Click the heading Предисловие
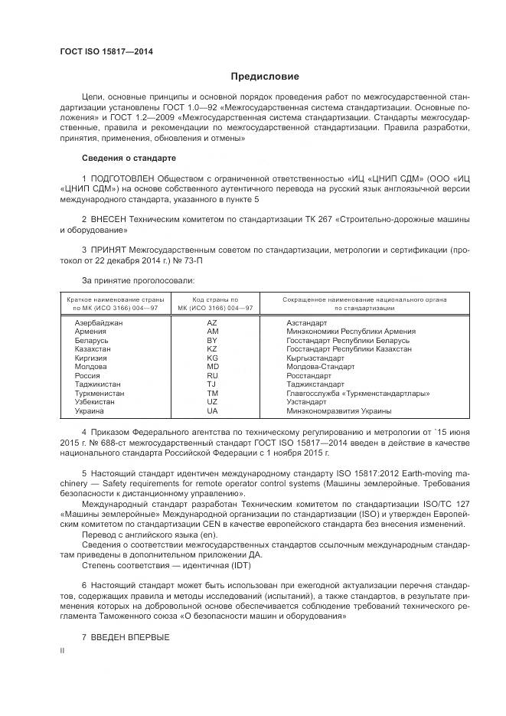tap(266, 77)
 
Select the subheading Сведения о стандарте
tap(129, 158)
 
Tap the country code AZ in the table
tap(212, 323)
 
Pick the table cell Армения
tap(90, 332)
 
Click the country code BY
tap(212, 340)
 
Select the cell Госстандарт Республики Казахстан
tap(348, 348)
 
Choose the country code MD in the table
tap(212, 367)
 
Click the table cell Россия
tap(87, 376)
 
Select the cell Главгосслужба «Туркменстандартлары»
tap(357, 394)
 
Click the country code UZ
tap(212, 402)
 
